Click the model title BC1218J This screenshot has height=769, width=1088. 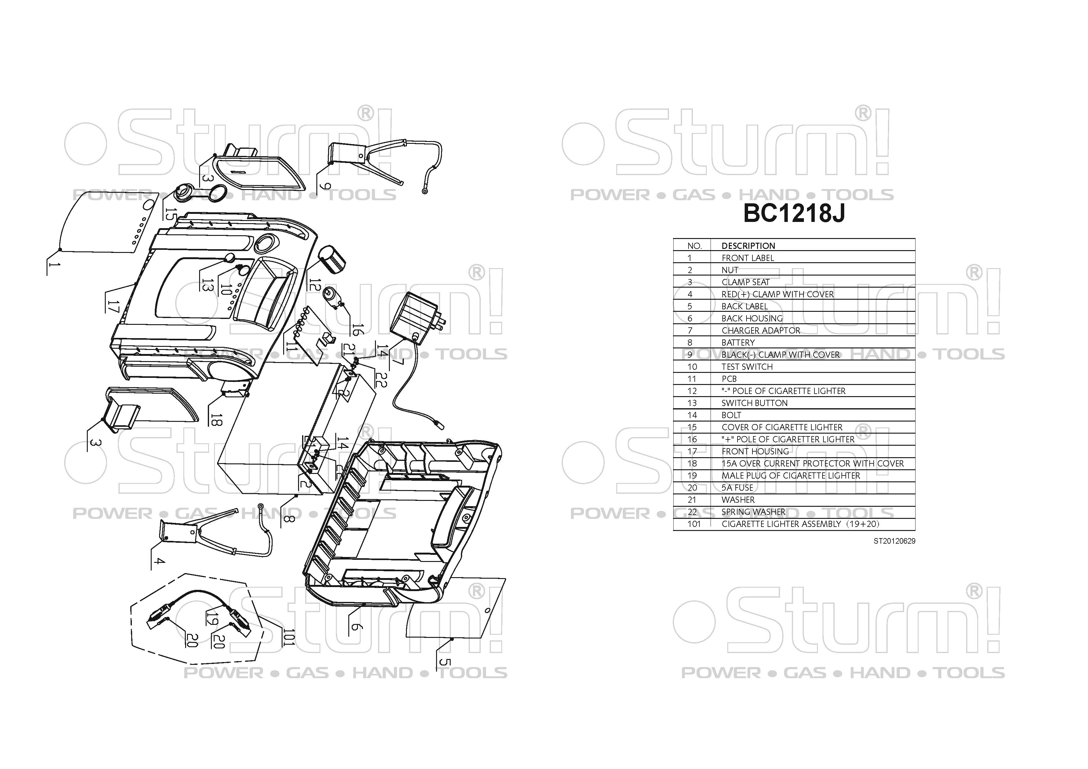794,214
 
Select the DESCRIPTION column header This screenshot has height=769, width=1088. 748,246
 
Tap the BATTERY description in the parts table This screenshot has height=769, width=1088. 738,343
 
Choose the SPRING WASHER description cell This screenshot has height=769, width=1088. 753,512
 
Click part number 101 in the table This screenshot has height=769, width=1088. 694,524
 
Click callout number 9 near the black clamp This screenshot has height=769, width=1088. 325,185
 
